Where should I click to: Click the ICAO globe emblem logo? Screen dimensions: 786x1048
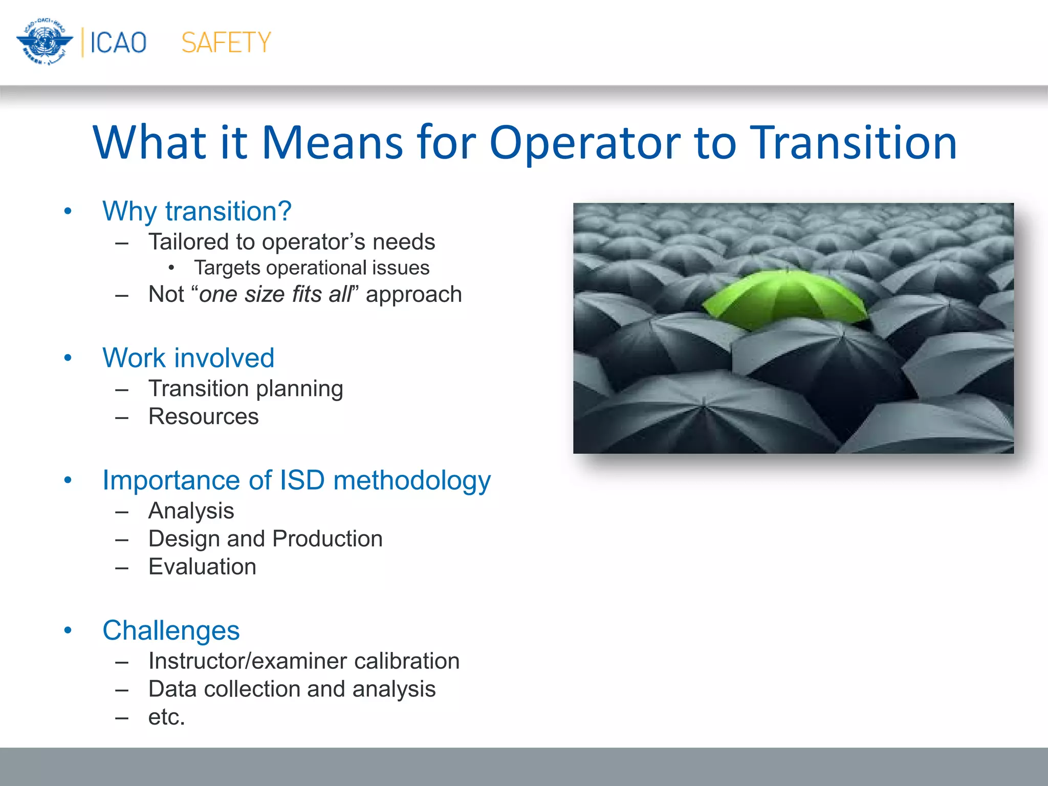[x=45, y=41]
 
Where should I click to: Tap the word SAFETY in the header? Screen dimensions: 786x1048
[x=226, y=42]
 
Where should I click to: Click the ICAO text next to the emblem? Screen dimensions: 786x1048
[x=118, y=42]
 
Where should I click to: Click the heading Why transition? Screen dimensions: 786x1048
[x=197, y=211]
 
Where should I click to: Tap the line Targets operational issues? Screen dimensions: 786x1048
[x=312, y=268]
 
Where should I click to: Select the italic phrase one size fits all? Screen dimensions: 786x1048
[x=276, y=294]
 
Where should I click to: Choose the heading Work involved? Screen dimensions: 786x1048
[x=188, y=358]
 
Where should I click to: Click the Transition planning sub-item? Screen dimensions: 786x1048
[x=246, y=388]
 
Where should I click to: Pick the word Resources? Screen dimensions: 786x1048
[x=203, y=416]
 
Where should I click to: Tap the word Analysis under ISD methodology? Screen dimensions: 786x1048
[x=191, y=511]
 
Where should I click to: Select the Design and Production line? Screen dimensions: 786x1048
[x=265, y=538]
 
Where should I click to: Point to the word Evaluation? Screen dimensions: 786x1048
[x=202, y=566]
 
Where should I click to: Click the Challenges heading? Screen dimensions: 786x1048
[x=171, y=630]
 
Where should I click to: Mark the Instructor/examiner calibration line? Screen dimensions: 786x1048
[x=303, y=661]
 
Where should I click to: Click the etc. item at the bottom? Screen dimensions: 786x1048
[x=166, y=717]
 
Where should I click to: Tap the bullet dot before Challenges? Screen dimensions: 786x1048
[x=68, y=630]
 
